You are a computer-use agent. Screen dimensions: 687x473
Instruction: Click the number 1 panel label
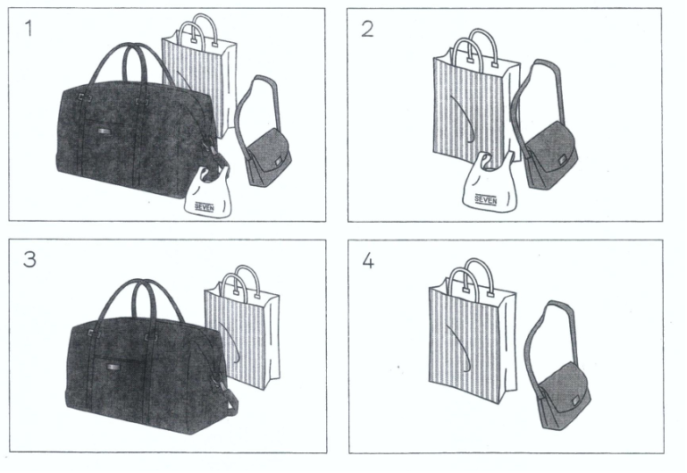(x=29, y=29)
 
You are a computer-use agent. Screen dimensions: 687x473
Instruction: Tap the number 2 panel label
(x=367, y=29)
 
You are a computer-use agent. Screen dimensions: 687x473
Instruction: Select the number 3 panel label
(x=29, y=259)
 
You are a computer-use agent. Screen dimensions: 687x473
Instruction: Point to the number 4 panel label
(x=368, y=261)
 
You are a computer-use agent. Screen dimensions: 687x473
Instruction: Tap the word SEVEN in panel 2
(x=485, y=200)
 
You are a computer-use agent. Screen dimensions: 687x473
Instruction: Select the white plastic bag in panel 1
(x=206, y=193)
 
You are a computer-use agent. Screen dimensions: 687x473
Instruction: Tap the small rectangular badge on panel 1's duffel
(x=105, y=131)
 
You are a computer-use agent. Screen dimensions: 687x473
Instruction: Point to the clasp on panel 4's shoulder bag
(x=574, y=402)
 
